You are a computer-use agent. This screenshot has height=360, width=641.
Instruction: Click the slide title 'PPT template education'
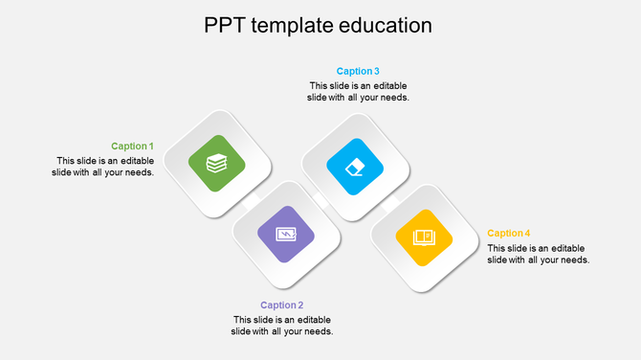[x=318, y=25]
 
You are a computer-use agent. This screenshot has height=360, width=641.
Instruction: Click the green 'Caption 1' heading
[x=132, y=146]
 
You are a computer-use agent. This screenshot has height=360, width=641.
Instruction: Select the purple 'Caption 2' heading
[x=281, y=305]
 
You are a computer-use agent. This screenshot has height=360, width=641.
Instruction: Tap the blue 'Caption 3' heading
[x=358, y=71]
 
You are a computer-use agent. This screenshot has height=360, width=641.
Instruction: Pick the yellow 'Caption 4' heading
[x=508, y=233]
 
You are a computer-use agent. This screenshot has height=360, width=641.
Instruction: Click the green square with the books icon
[x=217, y=164]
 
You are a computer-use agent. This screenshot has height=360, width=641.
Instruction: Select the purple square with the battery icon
[x=286, y=234]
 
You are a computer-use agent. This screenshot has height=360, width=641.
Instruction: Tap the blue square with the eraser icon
[x=355, y=166]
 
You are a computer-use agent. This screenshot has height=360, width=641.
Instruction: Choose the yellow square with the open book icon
[x=424, y=236]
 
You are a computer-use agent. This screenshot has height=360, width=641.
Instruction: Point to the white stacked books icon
[x=217, y=164]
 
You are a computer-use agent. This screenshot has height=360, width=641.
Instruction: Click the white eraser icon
[x=355, y=166]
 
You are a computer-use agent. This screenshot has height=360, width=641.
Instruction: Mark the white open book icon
[x=424, y=236]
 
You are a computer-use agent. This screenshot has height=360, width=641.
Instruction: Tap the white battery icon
[x=286, y=234]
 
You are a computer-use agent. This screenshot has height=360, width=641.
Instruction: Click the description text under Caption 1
[x=103, y=167]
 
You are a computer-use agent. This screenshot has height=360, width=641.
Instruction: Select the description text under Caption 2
[x=281, y=326]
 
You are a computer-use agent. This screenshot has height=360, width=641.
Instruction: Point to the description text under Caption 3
[x=358, y=91]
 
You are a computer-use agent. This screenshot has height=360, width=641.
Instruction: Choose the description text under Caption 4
[x=538, y=254]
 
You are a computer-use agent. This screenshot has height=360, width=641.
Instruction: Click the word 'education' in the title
[x=385, y=25]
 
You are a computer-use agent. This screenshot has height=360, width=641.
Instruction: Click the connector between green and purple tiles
[x=252, y=199]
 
